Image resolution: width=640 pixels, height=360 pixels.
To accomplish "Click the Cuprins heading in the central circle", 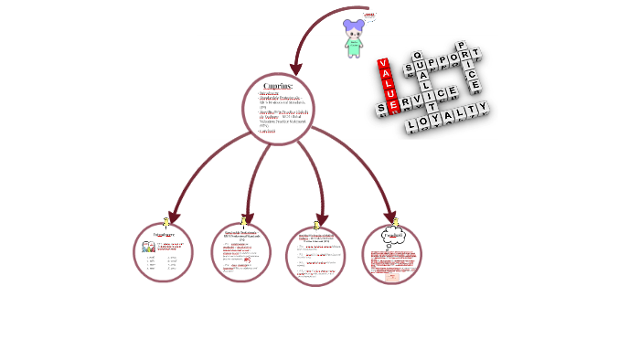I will pos(278,86).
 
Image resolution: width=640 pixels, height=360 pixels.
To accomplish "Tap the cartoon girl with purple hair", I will pos(354,38).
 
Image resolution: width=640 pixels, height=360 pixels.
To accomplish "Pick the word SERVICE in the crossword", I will pos(417,100).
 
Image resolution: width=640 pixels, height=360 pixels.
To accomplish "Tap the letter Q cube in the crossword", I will pos(418,56).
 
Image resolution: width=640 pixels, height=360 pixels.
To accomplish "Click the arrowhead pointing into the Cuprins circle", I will pos(296,69).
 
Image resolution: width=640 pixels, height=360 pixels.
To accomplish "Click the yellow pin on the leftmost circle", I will pos(165,222).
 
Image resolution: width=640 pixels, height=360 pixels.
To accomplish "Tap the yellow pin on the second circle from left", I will pos(243,219).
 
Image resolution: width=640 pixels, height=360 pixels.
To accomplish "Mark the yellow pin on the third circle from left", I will pos(316,224).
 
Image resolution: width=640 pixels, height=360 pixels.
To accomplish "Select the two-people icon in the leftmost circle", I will pos(148,247).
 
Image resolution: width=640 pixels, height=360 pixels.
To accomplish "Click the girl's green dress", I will pos(354,45).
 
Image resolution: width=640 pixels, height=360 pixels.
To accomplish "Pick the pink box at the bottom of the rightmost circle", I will pos(392,275).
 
